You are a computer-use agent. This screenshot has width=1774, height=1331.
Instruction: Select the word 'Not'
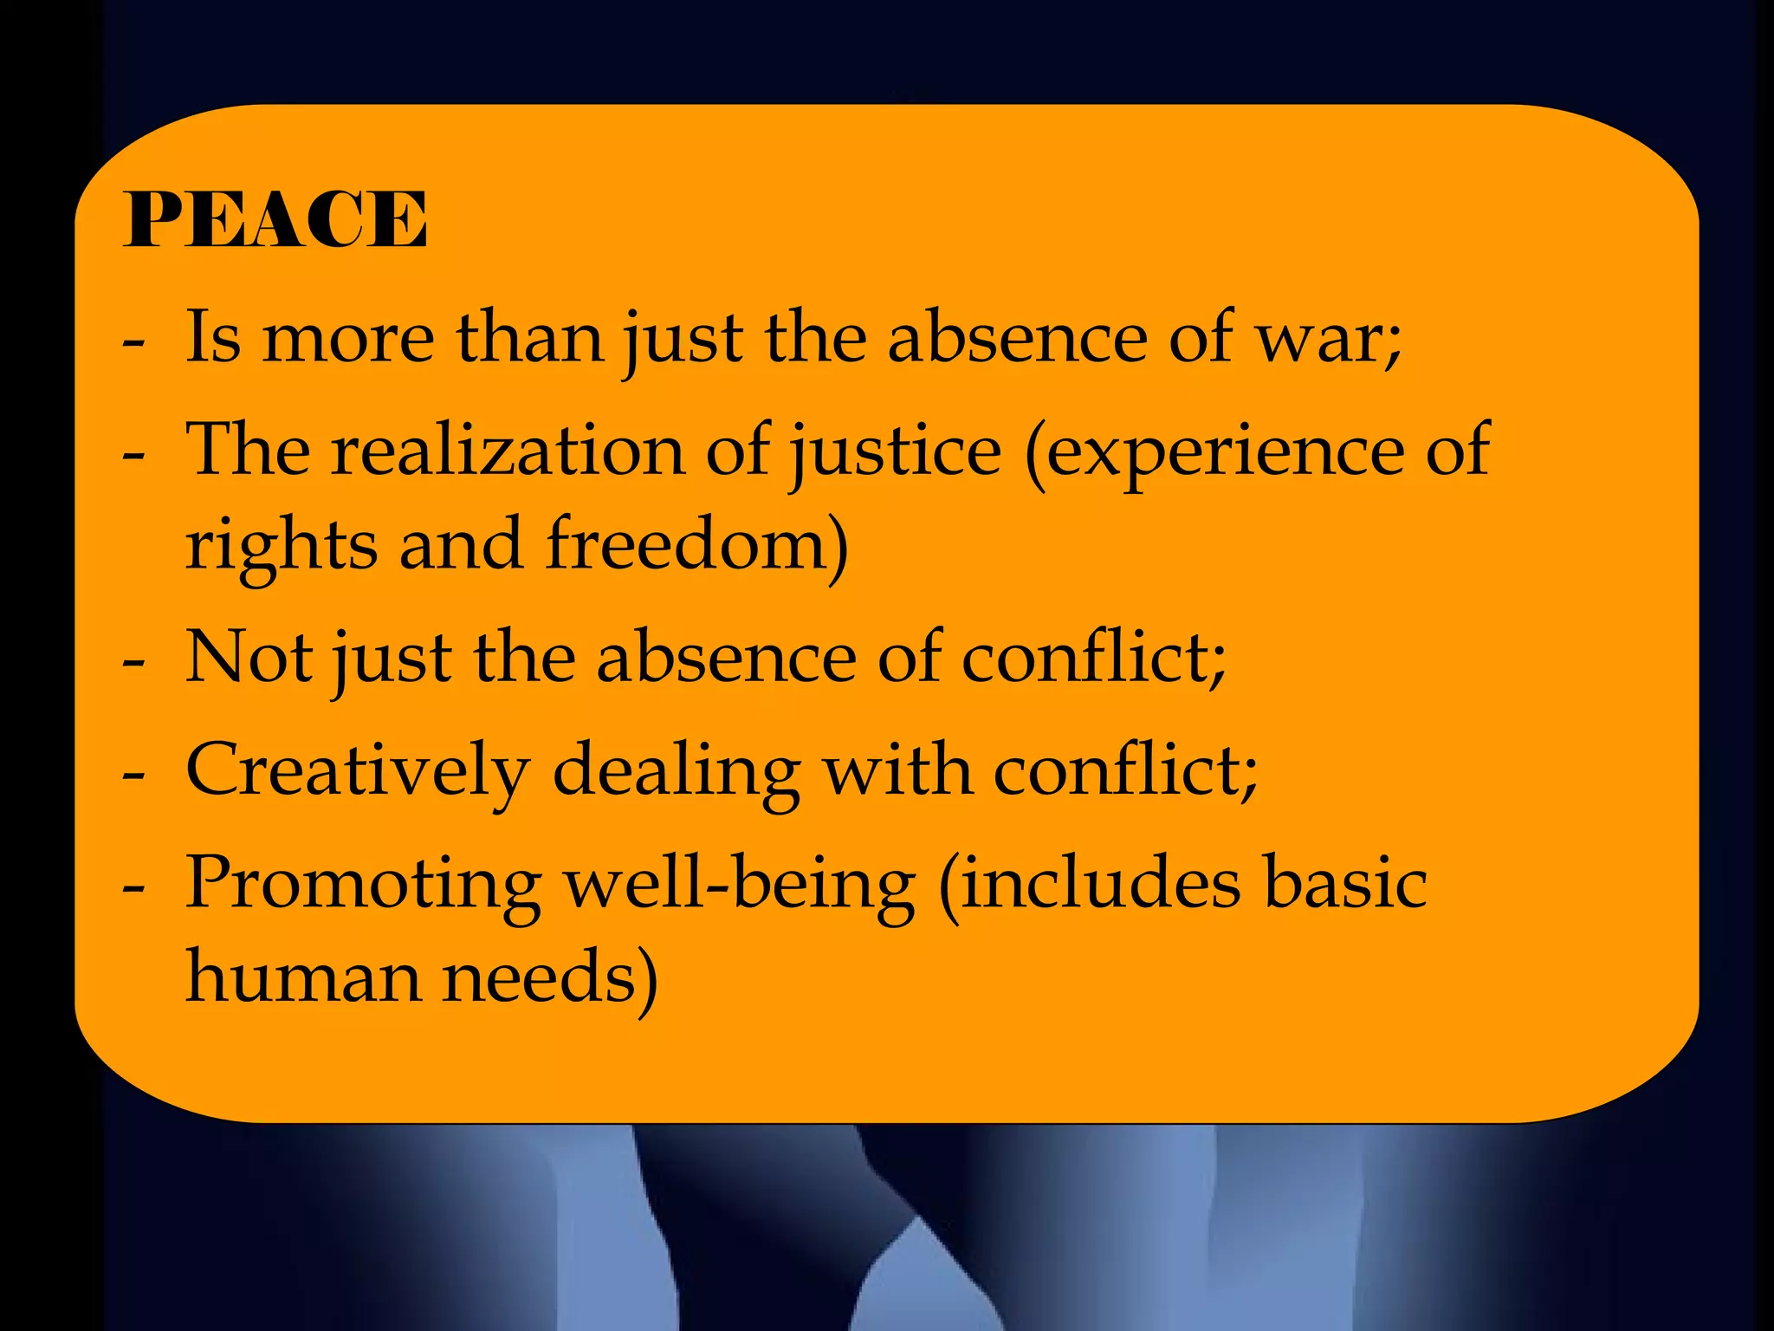(249, 657)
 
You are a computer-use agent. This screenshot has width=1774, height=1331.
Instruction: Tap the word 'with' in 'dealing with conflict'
(897, 769)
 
